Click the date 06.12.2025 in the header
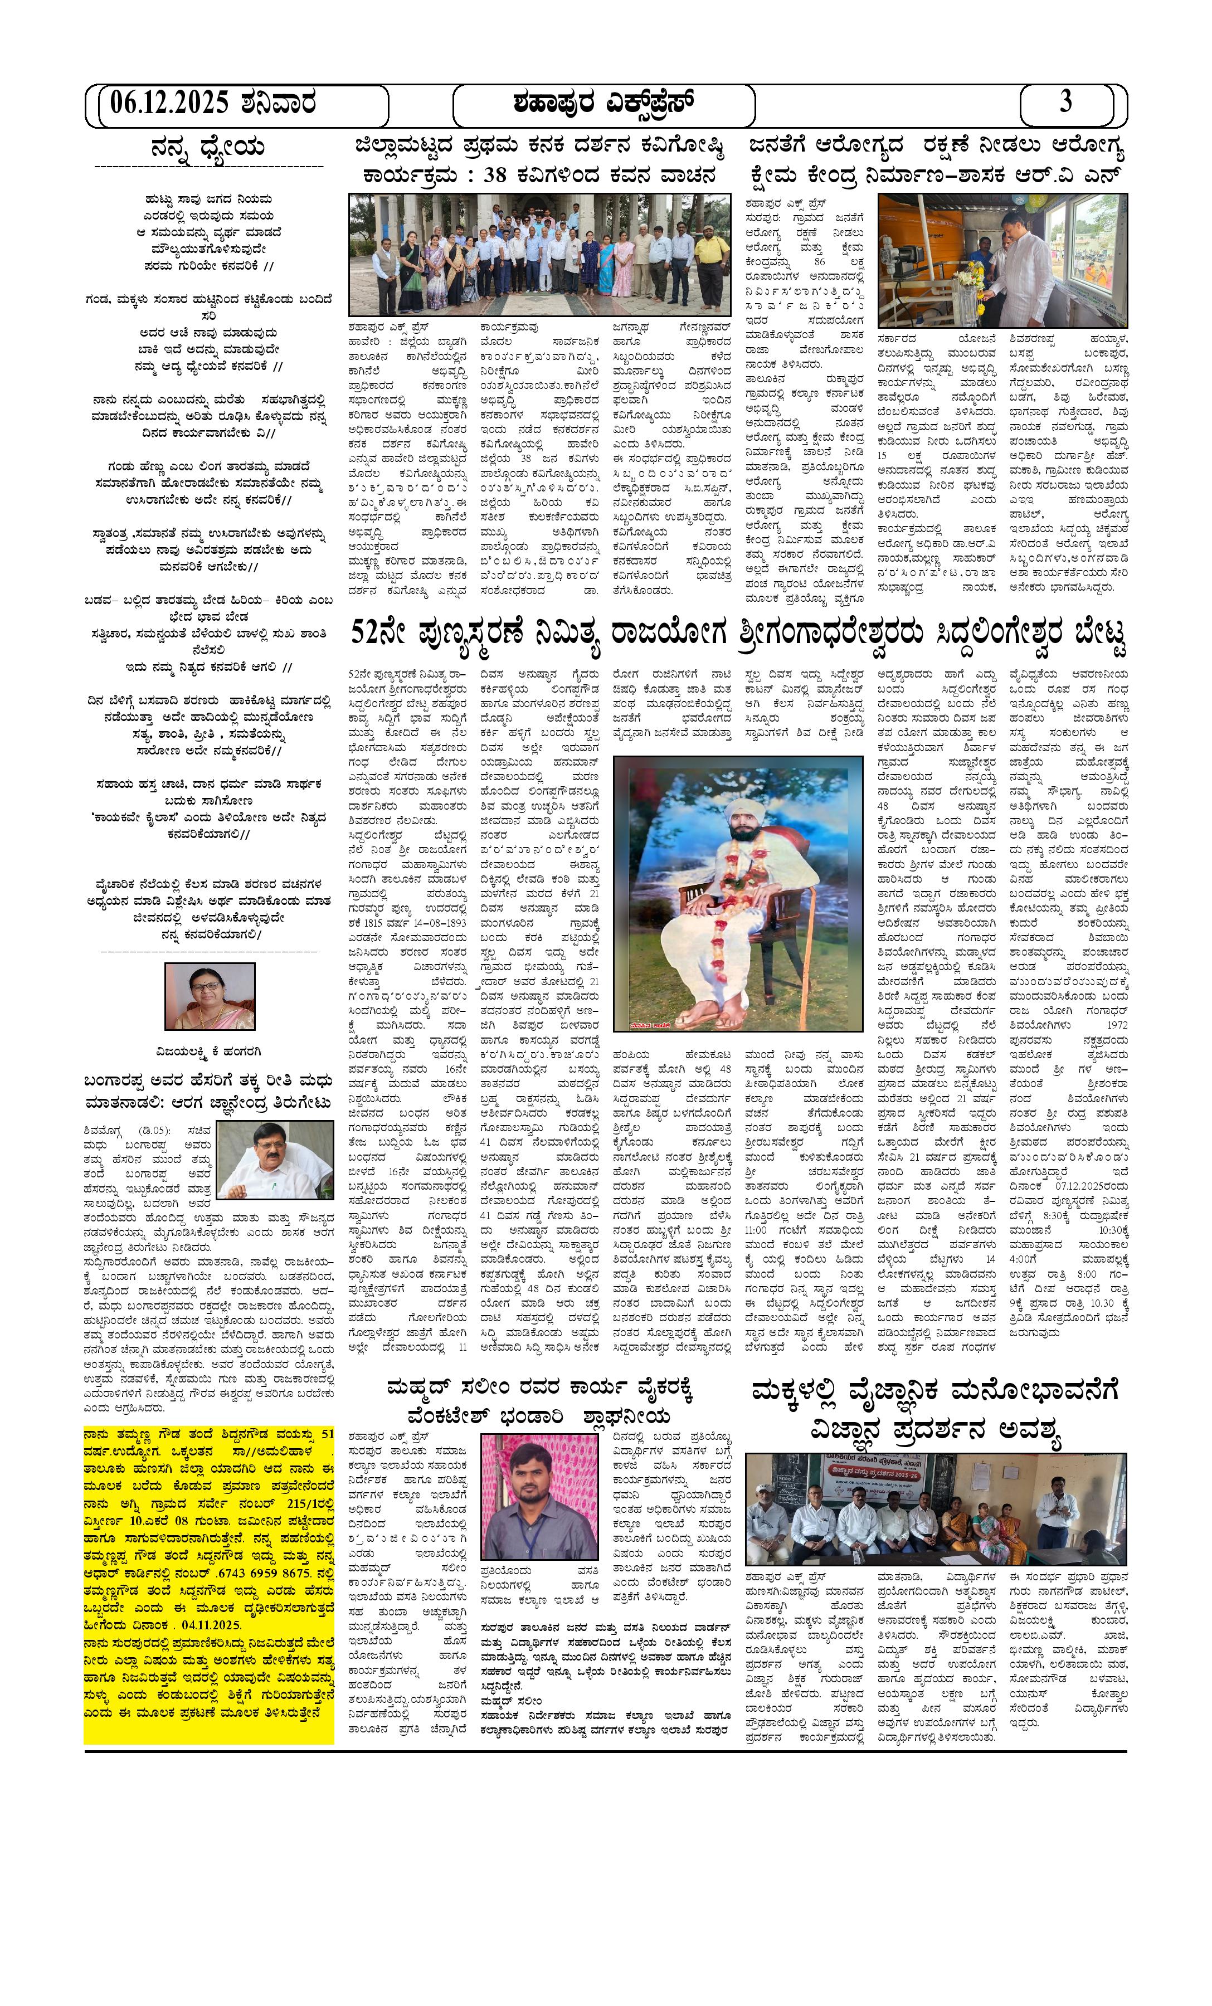[x=169, y=104]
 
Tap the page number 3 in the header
[x=1065, y=103]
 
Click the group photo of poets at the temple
[x=539, y=254]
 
